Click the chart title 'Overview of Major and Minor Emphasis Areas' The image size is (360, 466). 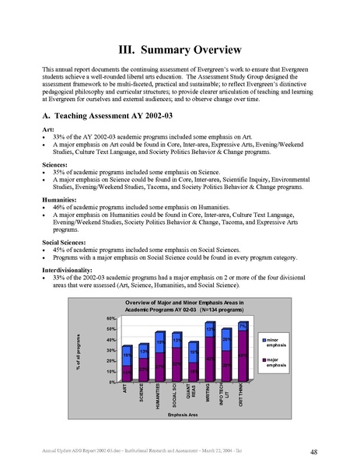coord(180,302)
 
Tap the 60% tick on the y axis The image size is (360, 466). coord(111,318)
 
